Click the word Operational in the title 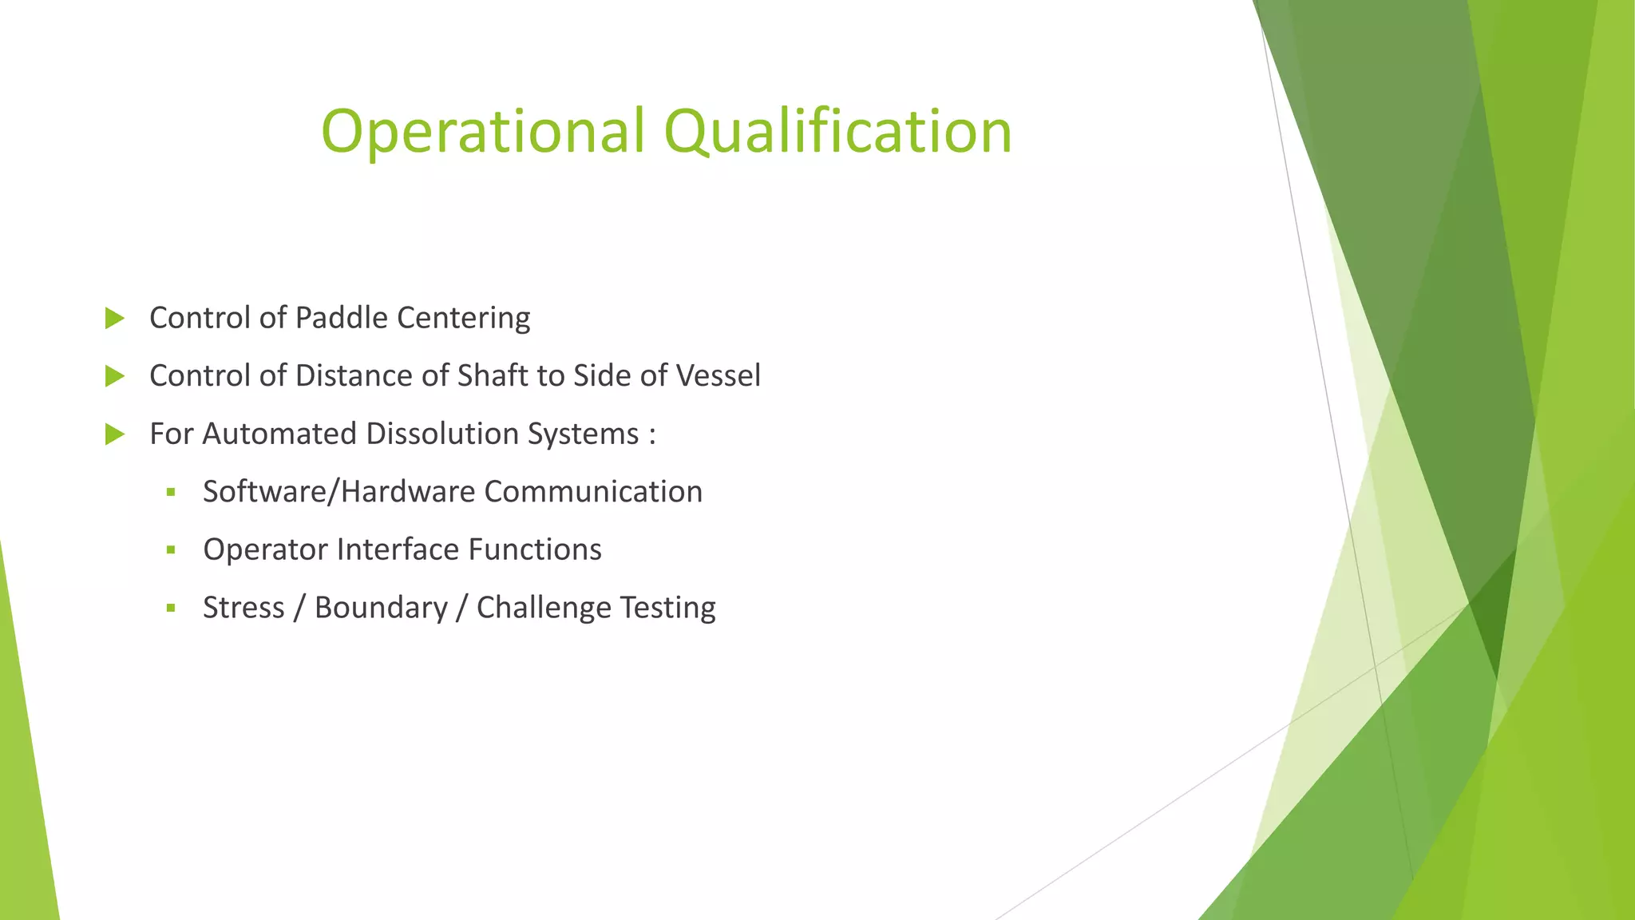pyautogui.click(x=482, y=132)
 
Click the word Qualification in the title pyautogui.click(x=837, y=132)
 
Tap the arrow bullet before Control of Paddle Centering pyautogui.click(x=115, y=319)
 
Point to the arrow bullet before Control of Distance pyautogui.click(x=115, y=376)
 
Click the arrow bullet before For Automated pyautogui.click(x=115, y=434)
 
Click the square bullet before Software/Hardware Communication pyautogui.click(x=171, y=493)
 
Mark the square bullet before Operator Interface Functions pyautogui.click(x=171, y=550)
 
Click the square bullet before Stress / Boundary pyautogui.click(x=171, y=609)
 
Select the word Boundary pyautogui.click(x=381, y=609)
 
